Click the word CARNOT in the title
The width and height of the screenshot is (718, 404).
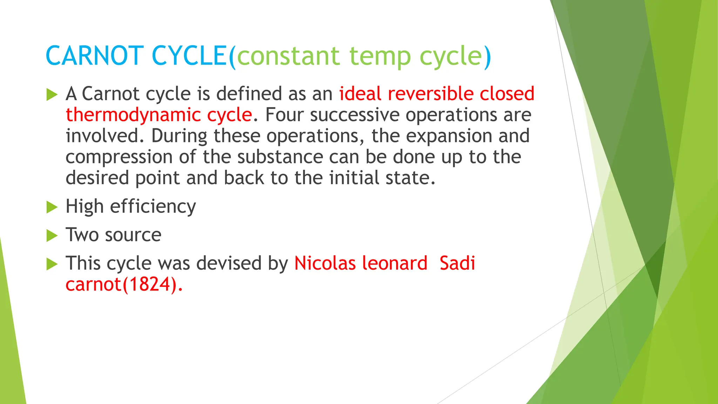tap(95, 56)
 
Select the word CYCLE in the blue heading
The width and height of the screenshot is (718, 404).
tap(189, 56)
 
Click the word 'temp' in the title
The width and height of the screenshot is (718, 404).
tap(380, 57)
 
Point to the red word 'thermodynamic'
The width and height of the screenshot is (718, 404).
tap(133, 115)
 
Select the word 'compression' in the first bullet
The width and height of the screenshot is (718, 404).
tap(119, 157)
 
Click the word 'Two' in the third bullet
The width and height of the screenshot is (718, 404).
tap(82, 235)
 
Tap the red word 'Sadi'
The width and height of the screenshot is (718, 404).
tap(457, 263)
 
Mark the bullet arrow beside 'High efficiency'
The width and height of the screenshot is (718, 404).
tap(52, 207)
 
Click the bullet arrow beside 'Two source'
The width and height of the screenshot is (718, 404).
tap(52, 236)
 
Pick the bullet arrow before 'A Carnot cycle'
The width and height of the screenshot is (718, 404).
tap(52, 95)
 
